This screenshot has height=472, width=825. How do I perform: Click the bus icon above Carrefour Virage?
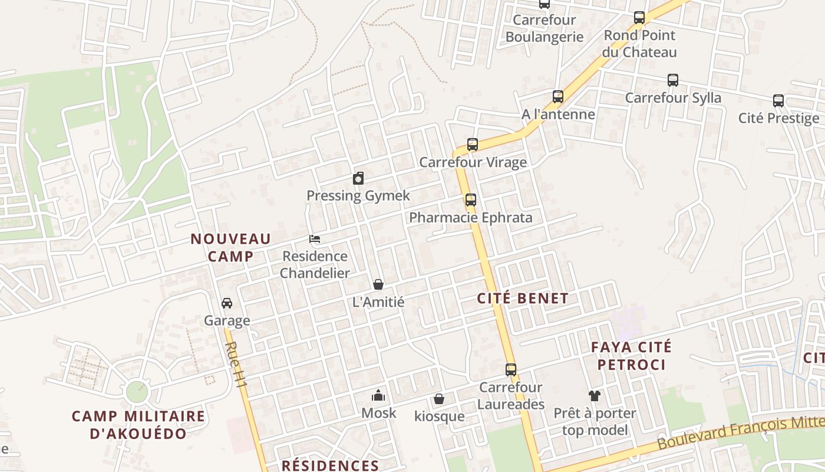[x=472, y=144]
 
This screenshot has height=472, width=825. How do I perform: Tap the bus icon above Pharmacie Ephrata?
[x=470, y=199]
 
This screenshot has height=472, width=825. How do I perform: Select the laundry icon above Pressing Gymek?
[x=358, y=178]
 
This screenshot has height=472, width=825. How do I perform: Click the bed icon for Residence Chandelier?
[x=315, y=239]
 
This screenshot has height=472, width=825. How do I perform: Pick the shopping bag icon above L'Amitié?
[x=378, y=284]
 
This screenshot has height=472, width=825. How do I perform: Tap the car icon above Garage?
[x=227, y=303]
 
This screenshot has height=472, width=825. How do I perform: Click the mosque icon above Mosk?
[x=378, y=395]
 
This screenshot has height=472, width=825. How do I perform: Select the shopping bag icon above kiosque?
[x=439, y=399]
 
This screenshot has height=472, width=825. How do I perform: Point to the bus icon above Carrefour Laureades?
[x=511, y=370]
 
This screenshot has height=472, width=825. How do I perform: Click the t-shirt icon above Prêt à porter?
[x=594, y=395]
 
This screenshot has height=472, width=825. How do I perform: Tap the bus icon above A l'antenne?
[x=558, y=96]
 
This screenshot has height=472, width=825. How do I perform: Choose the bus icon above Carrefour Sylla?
[x=672, y=80]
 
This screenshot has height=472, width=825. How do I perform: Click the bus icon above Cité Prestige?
[x=778, y=100]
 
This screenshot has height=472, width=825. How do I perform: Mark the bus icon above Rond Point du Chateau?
[x=639, y=17]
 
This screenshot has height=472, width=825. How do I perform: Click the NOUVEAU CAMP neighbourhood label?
[x=230, y=247]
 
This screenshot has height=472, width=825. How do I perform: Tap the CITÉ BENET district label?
[x=523, y=299]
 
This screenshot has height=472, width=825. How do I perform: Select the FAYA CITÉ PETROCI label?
[x=631, y=356]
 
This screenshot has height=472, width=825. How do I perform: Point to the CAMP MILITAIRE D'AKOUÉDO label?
[x=138, y=425]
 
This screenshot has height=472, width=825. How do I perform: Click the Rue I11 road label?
[x=237, y=365]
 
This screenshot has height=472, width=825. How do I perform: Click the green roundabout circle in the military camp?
[x=137, y=390]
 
